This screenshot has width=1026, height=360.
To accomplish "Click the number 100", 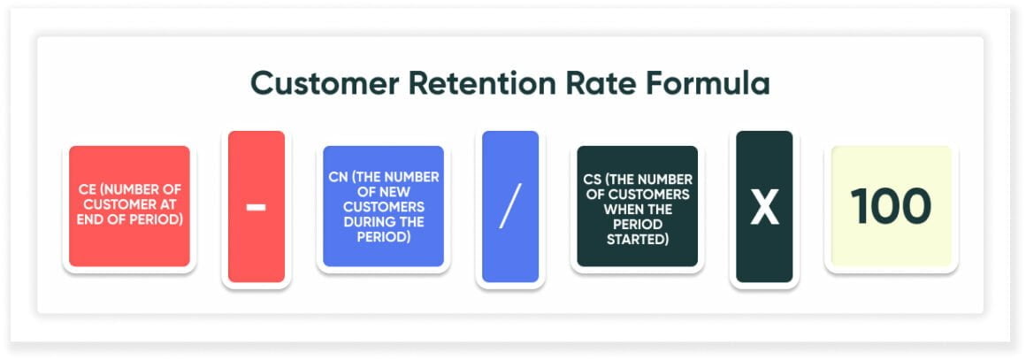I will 891,206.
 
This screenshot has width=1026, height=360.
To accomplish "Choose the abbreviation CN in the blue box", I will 336,177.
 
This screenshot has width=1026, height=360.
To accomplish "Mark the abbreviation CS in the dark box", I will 594,180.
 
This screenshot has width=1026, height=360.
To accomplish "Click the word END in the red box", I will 88,218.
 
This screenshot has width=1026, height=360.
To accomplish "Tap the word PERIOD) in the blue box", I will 383,237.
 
